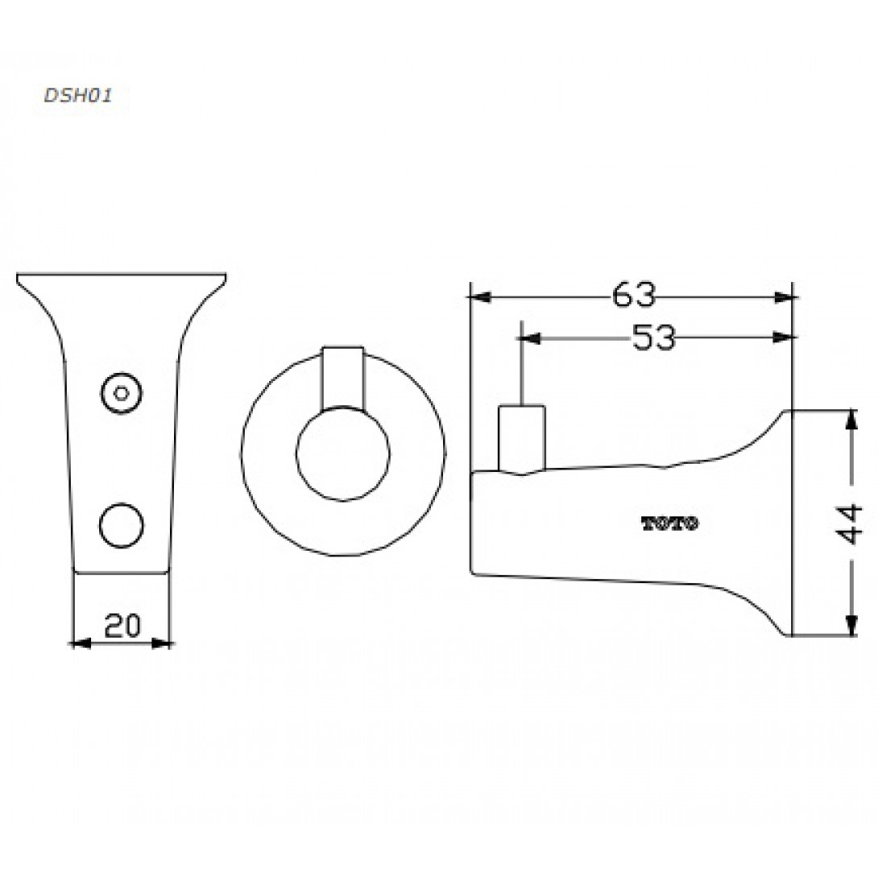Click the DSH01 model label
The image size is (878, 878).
pyautogui.click(x=78, y=95)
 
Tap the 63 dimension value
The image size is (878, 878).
pyautogui.click(x=633, y=295)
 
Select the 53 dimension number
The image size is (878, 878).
pyautogui.click(x=653, y=338)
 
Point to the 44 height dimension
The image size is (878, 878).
pyautogui.click(x=850, y=524)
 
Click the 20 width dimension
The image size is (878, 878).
pyautogui.click(x=122, y=625)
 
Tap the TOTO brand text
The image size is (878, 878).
pyautogui.click(x=669, y=524)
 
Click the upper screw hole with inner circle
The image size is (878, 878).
pyautogui.click(x=121, y=393)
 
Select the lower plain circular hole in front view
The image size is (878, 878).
pyautogui.click(x=121, y=525)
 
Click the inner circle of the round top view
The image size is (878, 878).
pyautogui.click(x=342, y=453)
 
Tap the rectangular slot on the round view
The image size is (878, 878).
pyautogui.click(x=342, y=378)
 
